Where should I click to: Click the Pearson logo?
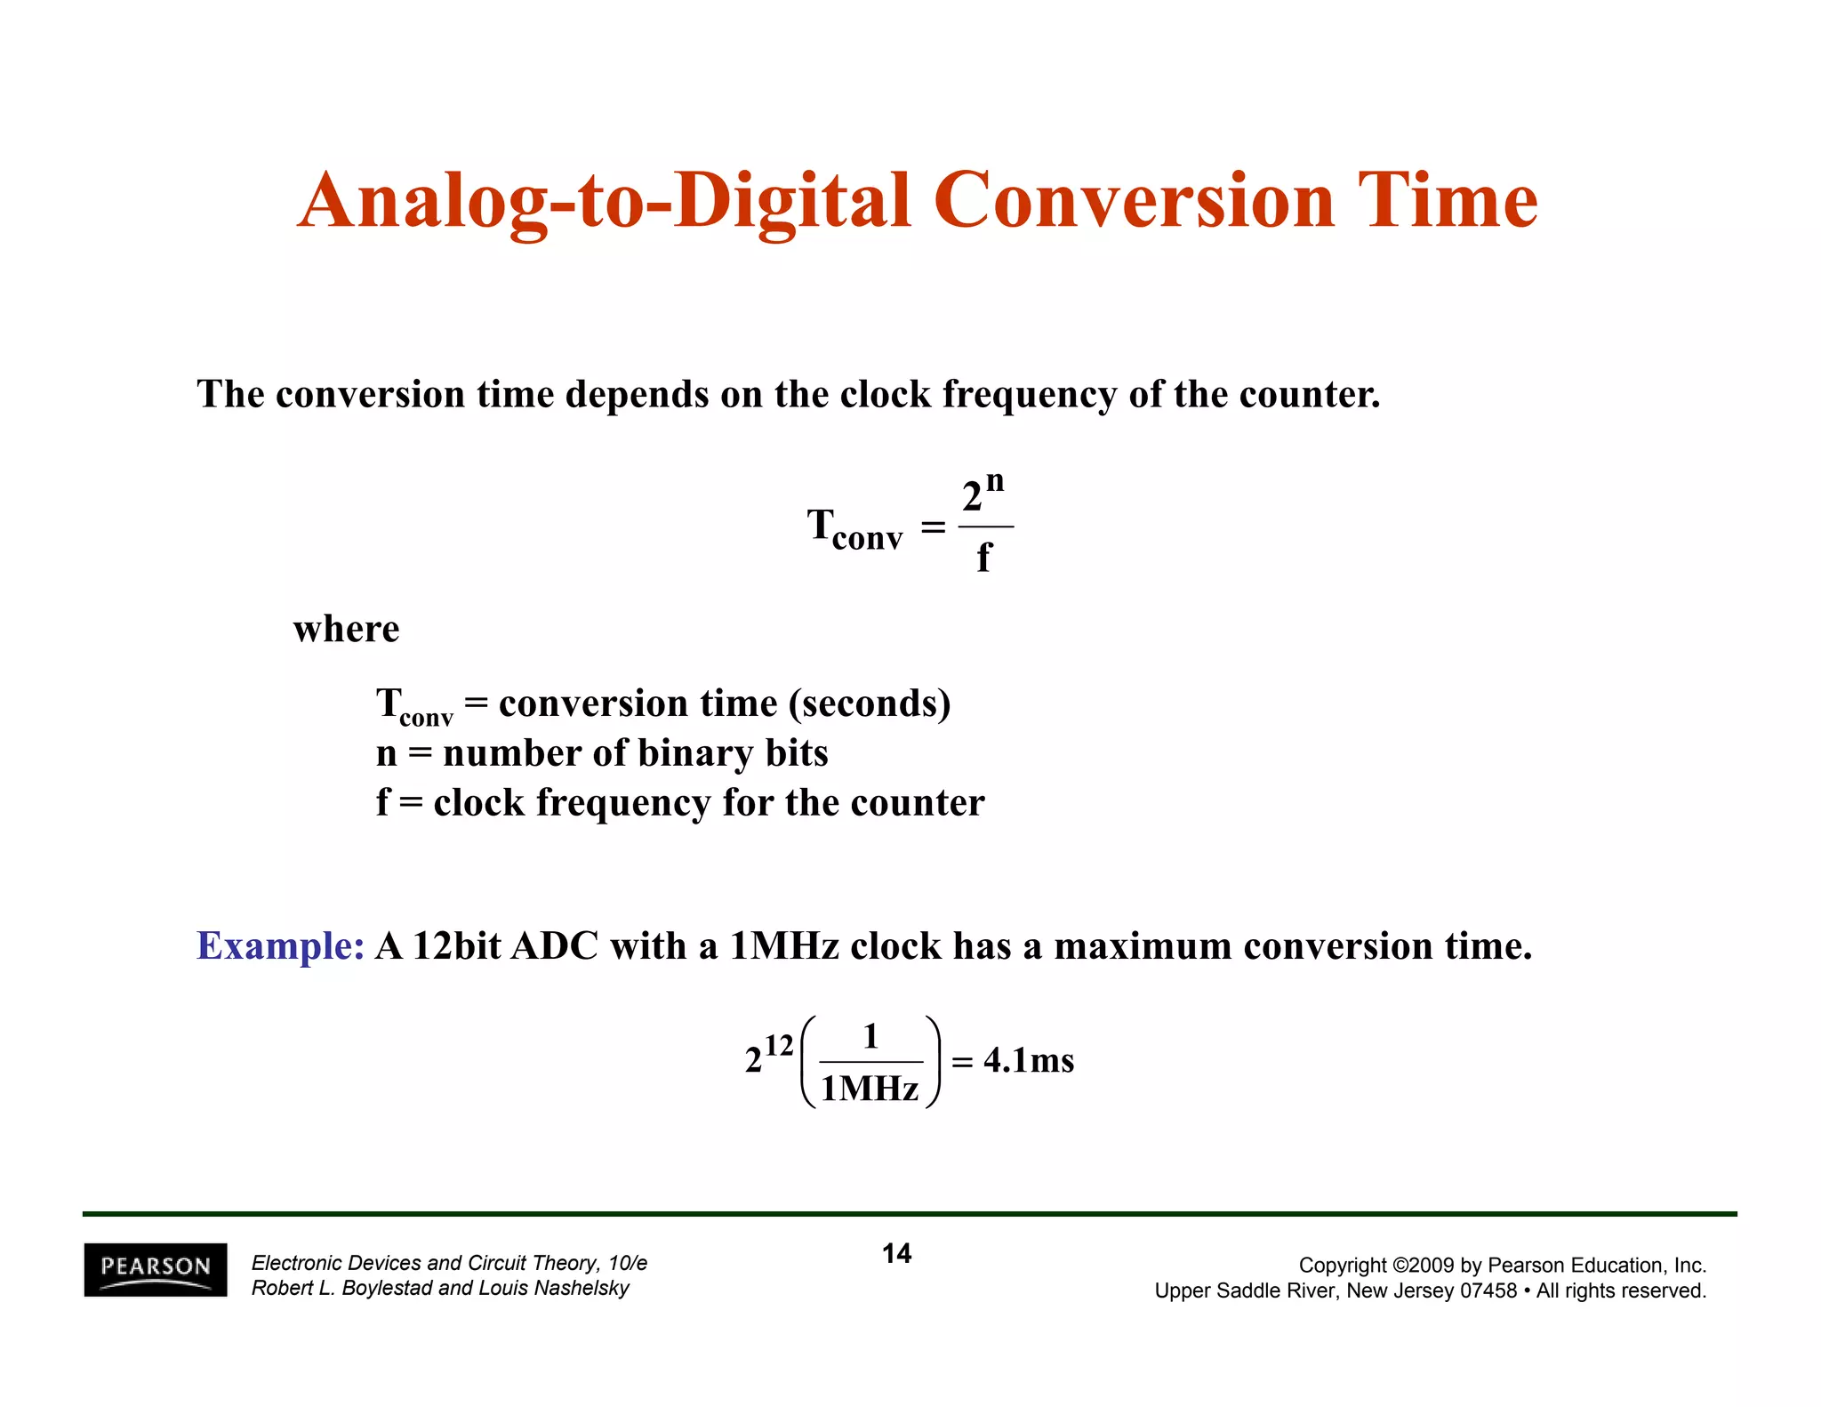click(156, 1269)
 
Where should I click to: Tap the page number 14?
click(896, 1253)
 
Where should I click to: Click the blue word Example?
click(280, 945)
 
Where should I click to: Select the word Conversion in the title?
click(1134, 200)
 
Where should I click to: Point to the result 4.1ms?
click(1029, 1060)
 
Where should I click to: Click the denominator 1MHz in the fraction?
click(870, 1089)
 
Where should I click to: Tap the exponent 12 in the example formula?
click(779, 1045)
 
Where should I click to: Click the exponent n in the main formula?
click(995, 481)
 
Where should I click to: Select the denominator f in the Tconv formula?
click(983, 558)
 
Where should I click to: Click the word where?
click(346, 629)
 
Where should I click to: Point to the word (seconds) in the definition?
click(869, 703)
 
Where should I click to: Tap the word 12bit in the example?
click(457, 945)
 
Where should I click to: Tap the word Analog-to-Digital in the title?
click(605, 200)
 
